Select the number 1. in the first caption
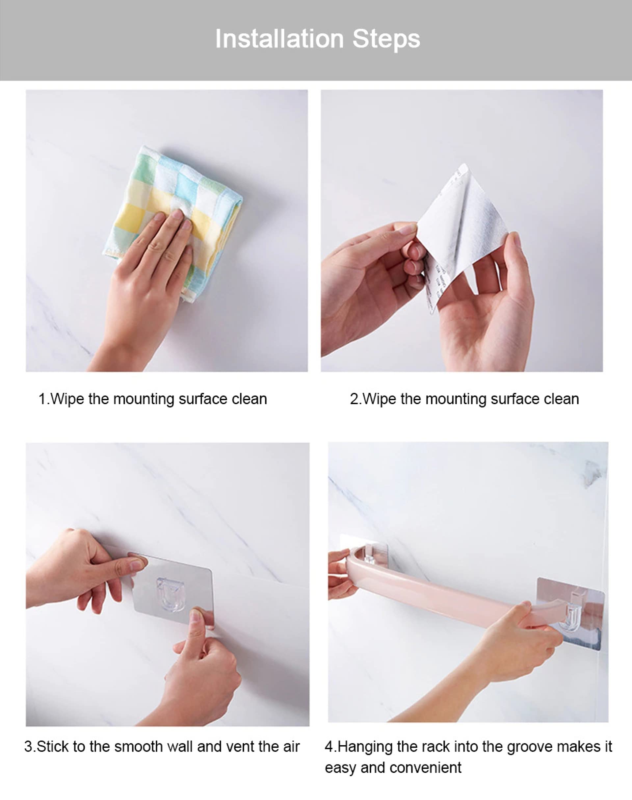(44, 399)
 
